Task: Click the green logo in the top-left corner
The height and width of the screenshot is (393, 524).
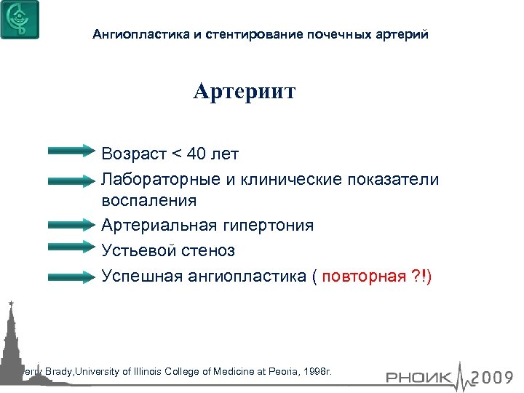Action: pyautogui.click(x=20, y=20)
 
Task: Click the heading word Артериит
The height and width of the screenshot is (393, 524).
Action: pyautogui.click(x=244, y=92)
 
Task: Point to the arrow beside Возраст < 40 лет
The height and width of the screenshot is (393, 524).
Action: pyautogui.click(x=76, y=151)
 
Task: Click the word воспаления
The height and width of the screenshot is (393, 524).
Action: pyautogui.click(x=149, y=200)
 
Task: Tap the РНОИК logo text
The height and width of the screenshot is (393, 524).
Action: pyautogui.click(x=418, y=377)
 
